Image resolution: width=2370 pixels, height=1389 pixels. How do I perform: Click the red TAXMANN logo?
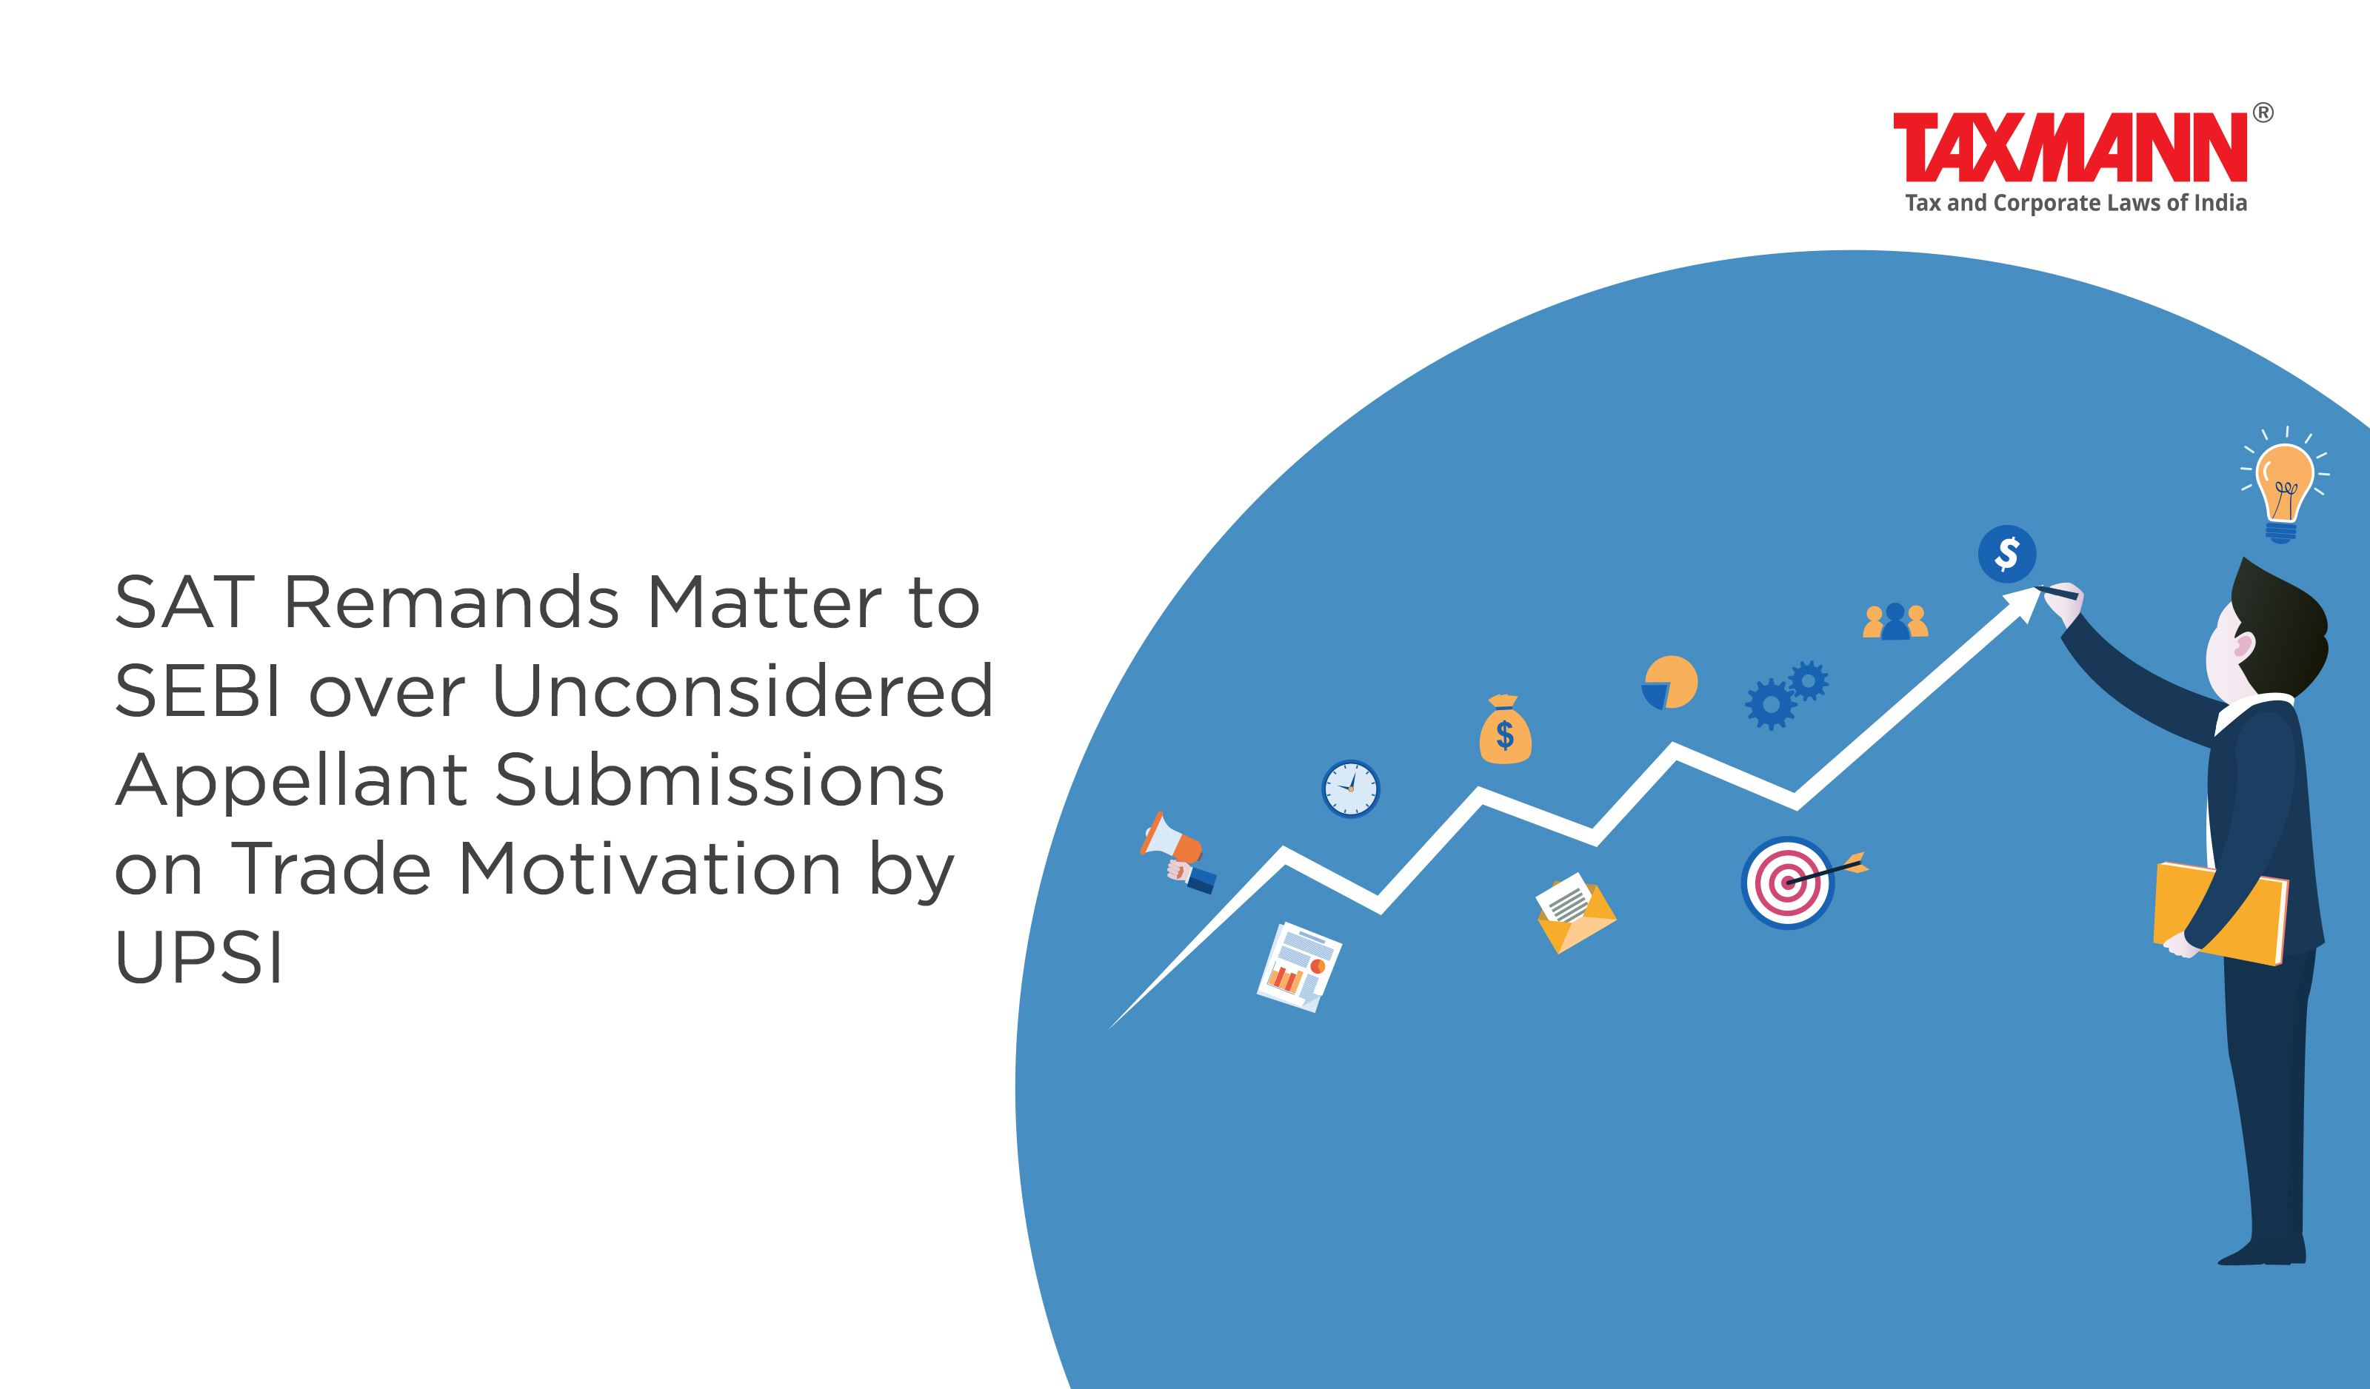(x=2070, y=147)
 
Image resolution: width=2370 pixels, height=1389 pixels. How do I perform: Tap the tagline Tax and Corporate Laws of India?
(x=2076, y=203)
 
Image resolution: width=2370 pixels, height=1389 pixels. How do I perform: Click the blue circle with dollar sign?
(x=2007, y=554)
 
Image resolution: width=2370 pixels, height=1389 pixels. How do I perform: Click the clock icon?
(x=1350, y=789)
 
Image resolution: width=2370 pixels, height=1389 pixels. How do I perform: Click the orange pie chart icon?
(x=1669, y=683)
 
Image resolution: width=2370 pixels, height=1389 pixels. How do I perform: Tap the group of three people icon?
(x=1895, y=622)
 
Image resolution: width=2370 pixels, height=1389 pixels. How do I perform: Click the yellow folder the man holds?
(x=2220, y=913)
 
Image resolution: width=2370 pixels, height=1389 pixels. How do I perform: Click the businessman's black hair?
(x=2280, y=620)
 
